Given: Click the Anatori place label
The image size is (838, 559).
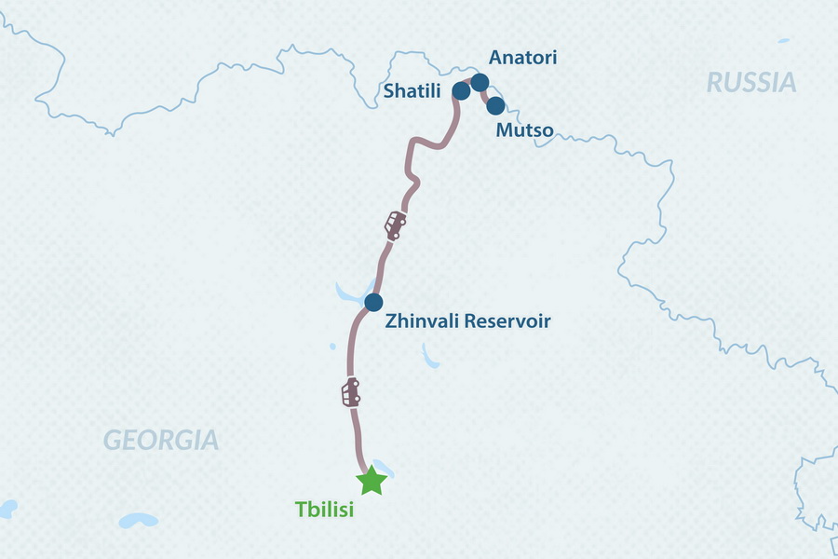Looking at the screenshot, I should tap(523, 58).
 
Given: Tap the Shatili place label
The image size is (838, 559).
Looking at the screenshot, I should tap(414, 91).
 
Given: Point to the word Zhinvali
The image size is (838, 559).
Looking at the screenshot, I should tap(419, 322).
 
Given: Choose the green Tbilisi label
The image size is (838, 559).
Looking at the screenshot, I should tap(325, 511).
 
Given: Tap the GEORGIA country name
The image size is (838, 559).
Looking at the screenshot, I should tap(160, 440).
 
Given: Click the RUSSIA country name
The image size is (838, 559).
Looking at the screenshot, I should tap(751, 83).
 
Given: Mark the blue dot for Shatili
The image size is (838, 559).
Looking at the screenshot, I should tap(460, 90).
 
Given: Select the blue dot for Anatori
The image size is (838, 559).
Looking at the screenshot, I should tap(480, 82).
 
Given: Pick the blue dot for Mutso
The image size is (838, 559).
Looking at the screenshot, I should tap(495, 105).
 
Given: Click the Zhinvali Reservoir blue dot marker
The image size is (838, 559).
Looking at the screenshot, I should tap(373, 302).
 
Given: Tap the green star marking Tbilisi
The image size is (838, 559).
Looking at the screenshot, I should tap(372, 481).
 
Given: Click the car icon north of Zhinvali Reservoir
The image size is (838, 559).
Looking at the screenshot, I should tap(396, 225).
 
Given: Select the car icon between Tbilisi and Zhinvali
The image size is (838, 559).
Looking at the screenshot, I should tap(351, 392).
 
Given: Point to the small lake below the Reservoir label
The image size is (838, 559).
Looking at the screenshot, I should tap(431, 356).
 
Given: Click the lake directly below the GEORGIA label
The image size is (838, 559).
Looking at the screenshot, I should tap(140, 519).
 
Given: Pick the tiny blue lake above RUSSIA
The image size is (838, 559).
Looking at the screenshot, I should tap(783, 41).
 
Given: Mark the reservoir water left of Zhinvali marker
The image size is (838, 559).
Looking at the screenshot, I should tap(350, 294).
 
